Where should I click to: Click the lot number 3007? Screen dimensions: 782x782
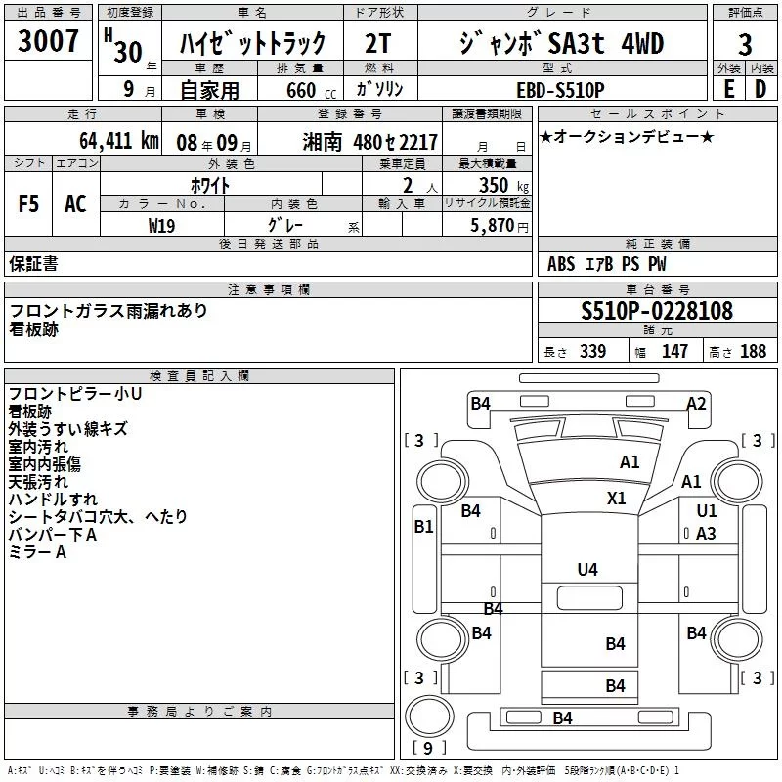tap(48, 44)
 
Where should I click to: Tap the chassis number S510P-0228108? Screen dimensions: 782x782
tap(656, 311)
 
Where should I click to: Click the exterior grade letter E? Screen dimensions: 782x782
tap(728, 88)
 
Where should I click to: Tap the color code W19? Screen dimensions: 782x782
tap(162, 225)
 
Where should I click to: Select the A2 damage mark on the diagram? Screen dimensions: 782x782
tap(696, 403)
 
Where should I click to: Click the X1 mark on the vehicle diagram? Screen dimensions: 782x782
tap(616, 498)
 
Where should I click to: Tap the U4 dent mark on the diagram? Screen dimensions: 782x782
tap(586, 568)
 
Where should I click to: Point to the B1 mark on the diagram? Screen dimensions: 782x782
tap(423, 527)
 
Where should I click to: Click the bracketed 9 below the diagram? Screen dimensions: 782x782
tap(422, 749)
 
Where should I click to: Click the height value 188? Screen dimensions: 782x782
tap(753, 352)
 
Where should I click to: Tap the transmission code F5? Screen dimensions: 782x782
tap(28, 204)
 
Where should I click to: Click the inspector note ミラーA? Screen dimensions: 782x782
tap(37, 553)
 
